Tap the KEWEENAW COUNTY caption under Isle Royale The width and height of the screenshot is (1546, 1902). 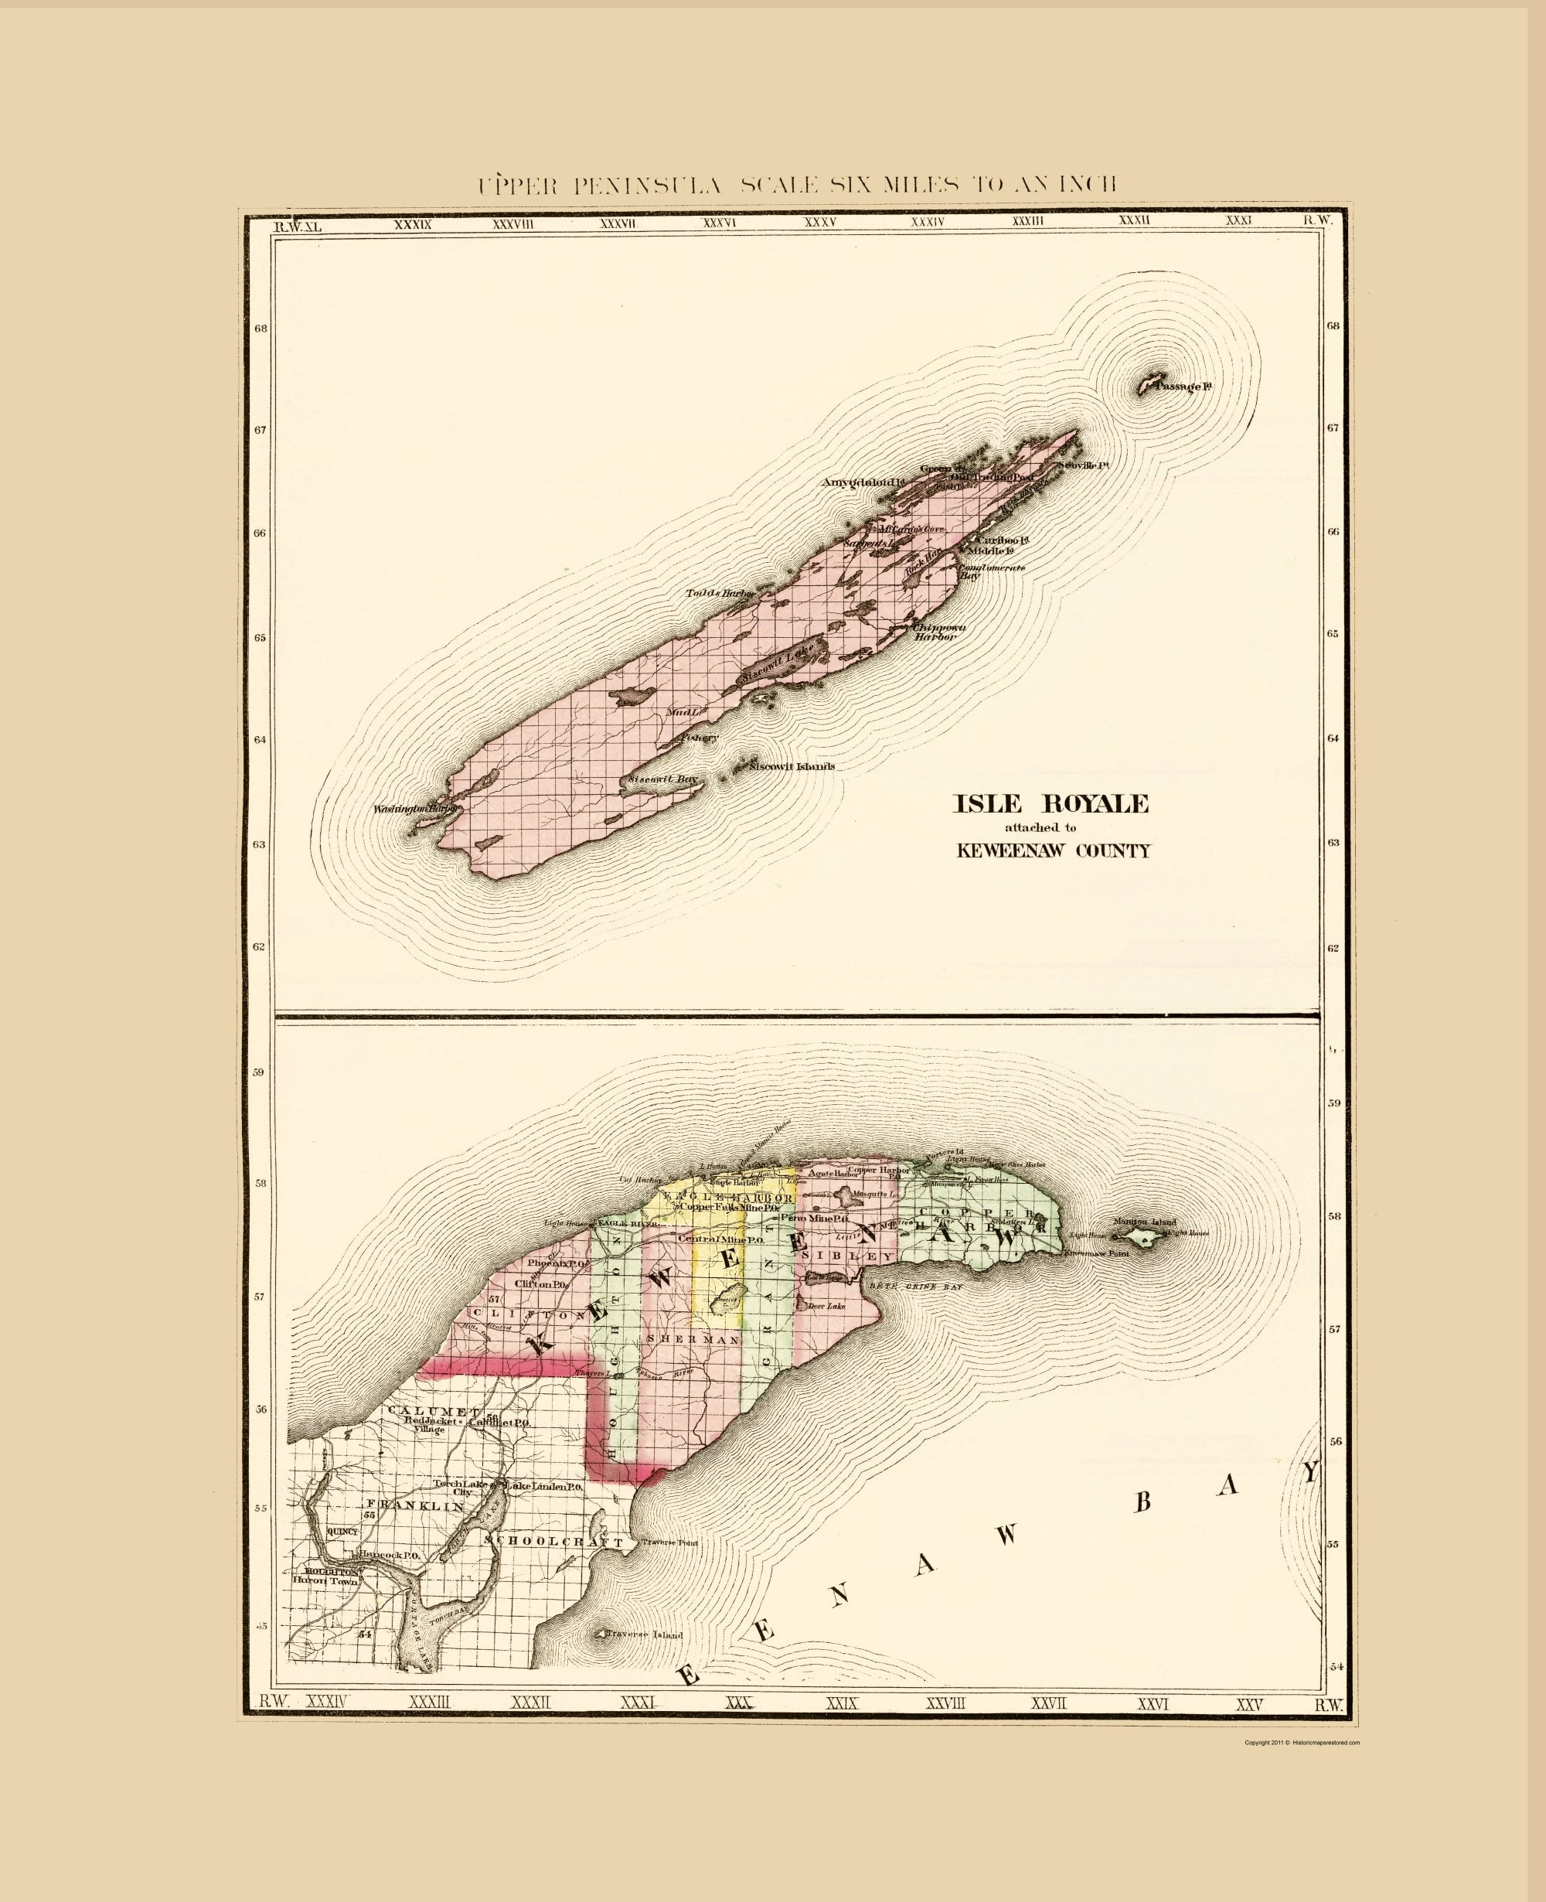tap(1053, 850)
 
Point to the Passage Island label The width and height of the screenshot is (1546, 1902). tap(1187, 387)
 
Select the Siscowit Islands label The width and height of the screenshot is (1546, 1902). tap(792, 767)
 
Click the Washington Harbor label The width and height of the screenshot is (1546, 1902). tap(415, 809)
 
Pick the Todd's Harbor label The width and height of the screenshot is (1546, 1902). tap(720, 593)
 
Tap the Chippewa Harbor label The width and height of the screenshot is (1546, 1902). tap(938, 632)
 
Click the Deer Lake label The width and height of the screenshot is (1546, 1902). tap(826, 1306)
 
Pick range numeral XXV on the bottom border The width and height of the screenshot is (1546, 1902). tap(1249, 1705)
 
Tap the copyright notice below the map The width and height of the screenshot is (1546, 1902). tap(1302, 1743)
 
